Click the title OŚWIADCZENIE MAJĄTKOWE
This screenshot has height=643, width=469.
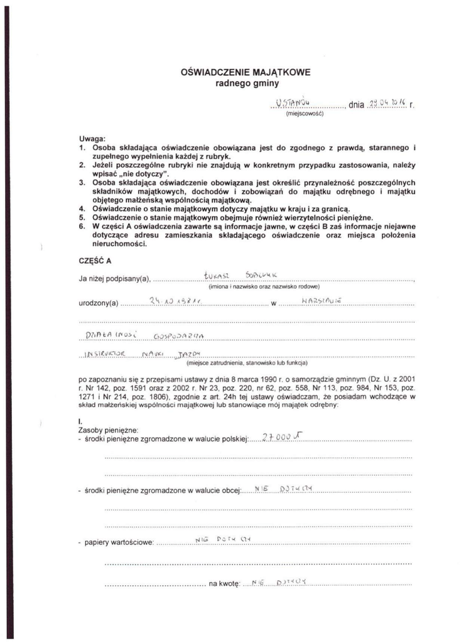coord(245,72)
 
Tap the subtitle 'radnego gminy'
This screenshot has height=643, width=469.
coord(245,83)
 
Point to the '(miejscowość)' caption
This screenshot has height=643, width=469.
coord(304,114)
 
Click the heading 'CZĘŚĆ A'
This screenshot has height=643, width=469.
coord(95,261)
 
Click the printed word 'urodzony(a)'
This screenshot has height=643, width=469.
coord(99,304)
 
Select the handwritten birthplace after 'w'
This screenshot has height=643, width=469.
coord(321,302)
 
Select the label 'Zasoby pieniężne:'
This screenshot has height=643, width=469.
coord(108,430)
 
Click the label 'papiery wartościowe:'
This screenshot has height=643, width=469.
coord(119,542)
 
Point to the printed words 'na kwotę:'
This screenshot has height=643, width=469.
coord(224,584)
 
